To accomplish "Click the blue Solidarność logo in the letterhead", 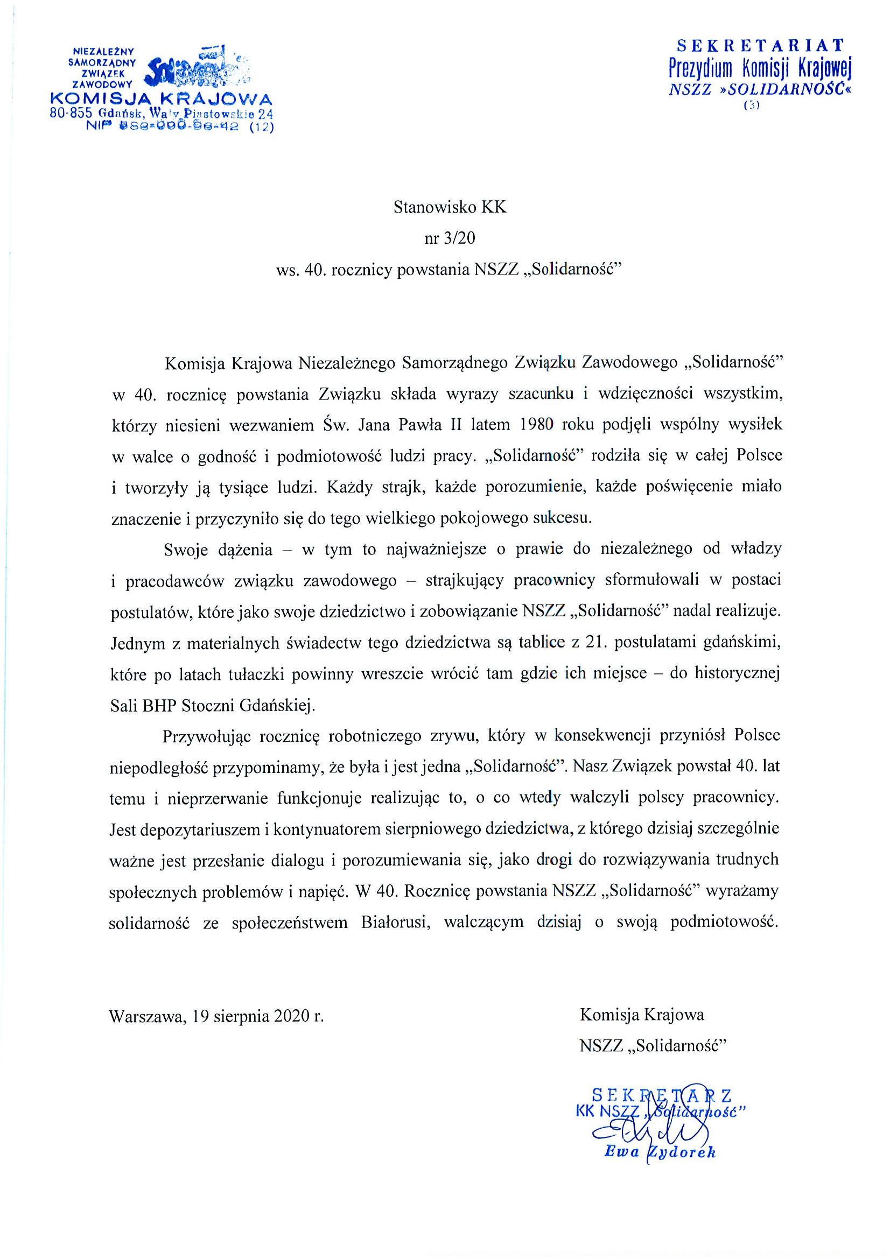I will click(x=195, y=69).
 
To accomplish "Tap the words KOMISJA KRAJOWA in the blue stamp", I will click(x=161, y=99).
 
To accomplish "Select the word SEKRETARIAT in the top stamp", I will click(x=760, y=45).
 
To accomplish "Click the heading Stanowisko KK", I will click(x=450, y=207).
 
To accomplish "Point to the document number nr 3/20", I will click(x=450, y=238).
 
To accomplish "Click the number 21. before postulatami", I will click(x=594, y=642).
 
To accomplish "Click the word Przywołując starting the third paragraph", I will click(x=206, y=736).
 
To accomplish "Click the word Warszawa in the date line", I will click(x=145, y=1016).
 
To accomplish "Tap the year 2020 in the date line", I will click(x=292, y=1016).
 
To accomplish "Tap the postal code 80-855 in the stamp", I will click(x=71, y=114).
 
